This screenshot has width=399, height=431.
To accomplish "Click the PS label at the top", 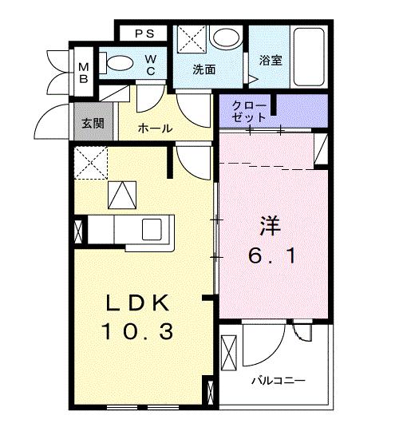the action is click(144, 34).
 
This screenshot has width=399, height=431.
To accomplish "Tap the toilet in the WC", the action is click(117, 63).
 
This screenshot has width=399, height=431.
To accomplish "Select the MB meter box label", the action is click(84, 73).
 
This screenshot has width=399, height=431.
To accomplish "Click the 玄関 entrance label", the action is click(93, 124).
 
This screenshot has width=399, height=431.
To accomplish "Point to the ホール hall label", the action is click(156, 129).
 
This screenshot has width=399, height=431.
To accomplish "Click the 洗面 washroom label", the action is click(204, 69).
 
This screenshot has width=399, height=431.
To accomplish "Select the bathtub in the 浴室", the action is click(309, 57).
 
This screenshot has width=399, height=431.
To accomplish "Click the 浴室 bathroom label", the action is click(271, 60).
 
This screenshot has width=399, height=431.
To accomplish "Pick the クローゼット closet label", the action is click(249, 112).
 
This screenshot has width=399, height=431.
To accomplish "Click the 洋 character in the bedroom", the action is click(271, 226).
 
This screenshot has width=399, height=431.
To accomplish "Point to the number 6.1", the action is click(272, 255).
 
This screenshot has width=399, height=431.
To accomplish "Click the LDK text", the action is click(137, 303).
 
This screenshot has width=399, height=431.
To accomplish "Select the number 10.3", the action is click(138, 331).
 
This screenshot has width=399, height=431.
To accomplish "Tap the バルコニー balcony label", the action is click(279, 381).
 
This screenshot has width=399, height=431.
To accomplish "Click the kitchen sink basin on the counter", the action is click(152, 229).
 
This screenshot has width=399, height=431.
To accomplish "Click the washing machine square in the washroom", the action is click(192, 39).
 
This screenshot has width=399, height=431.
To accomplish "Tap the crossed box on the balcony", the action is click(229, 353).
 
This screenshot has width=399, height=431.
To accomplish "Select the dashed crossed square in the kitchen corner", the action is click(91, 163).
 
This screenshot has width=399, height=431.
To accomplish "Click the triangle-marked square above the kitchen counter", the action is click(122, 195).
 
